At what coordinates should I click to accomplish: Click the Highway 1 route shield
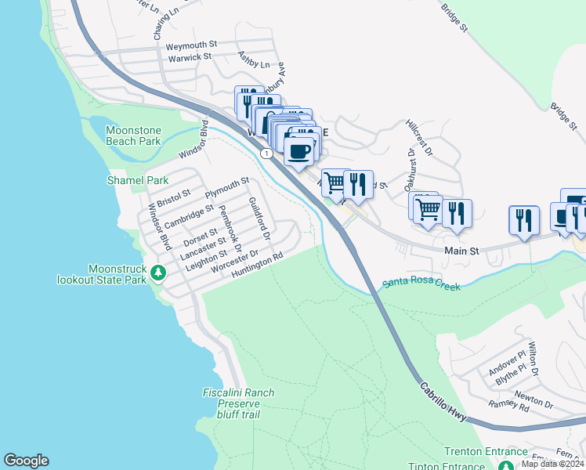pyautogui.click(x=268, y=154)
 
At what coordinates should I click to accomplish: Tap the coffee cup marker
pyautogui.click(x=298, y=152)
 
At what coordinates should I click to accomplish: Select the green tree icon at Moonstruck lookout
pyautogui.click(x=159, y=273)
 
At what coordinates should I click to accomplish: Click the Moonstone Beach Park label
pyautogui.click(x=133, y=136)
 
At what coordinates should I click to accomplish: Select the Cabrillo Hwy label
pyautogui.click(x=443, y=403)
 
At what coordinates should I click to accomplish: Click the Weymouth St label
pyautogui.click(x=191, y=46)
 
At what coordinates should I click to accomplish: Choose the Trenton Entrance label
pyautogui.click(x=486, y=452)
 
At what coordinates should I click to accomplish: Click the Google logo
pyautogui.click(x=26, y=461)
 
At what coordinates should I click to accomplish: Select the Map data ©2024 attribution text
pyautogui.click(x=553, y=464)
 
